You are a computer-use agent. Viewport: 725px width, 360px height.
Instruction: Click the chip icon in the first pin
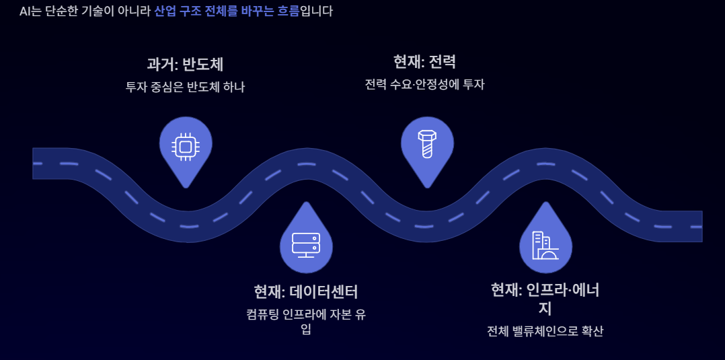coord(186,145)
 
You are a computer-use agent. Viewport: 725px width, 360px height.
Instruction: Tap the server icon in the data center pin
coord(306,244)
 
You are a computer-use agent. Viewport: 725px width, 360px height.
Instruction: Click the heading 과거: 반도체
coord(185,65)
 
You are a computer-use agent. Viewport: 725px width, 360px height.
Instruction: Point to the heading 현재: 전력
coord(424,62)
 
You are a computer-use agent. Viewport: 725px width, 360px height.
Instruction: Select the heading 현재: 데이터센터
coord(306,292)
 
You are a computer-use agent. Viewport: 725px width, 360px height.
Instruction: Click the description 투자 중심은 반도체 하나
coord(185,87)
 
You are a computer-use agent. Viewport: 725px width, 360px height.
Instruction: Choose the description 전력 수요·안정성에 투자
coord(424,84)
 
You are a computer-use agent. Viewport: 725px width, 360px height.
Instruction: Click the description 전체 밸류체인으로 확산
coord(545,331)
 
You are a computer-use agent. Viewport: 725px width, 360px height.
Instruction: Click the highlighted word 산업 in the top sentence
coord(165,11)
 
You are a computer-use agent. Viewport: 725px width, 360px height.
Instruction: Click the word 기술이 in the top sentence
coord(96,11)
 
